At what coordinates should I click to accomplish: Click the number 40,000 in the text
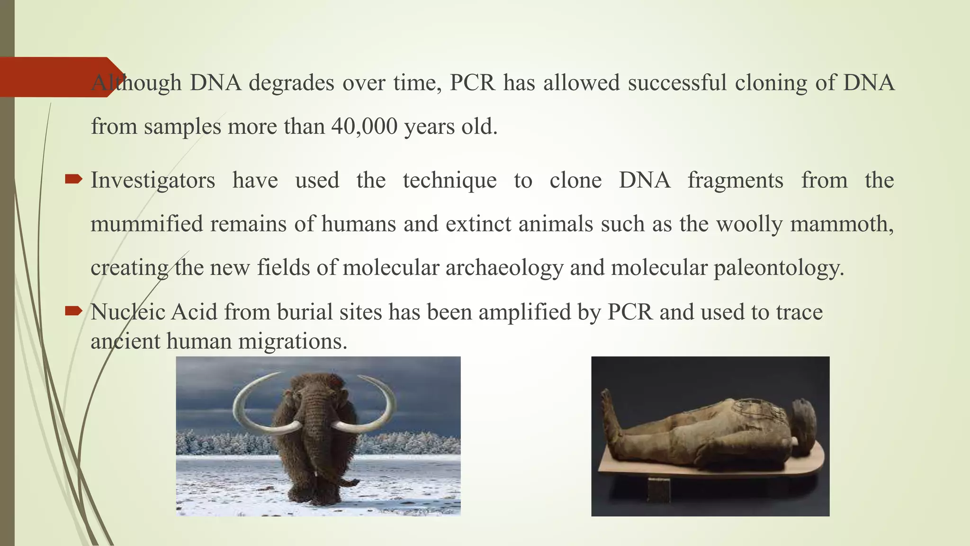point(364,127)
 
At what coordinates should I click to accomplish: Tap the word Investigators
point(153,181)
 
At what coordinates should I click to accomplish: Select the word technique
point(449,181)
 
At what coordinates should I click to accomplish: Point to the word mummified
point(146,224)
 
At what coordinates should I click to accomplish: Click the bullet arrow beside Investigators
point(73,179)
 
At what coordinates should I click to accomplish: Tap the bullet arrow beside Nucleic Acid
point(73,311)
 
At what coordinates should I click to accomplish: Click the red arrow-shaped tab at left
point(57,77)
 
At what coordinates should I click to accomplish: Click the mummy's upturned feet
point(608,408)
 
